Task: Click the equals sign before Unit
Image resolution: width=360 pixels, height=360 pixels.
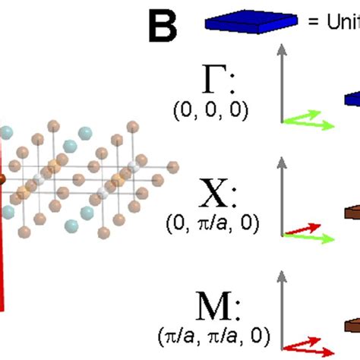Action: [x=312, y=24]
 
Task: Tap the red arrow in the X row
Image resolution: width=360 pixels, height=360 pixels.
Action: [x=298, y=229]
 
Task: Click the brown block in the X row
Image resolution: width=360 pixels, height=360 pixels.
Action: [x=352, y=215]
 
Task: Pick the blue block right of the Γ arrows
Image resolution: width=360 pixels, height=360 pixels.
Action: [x=353, y=98]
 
